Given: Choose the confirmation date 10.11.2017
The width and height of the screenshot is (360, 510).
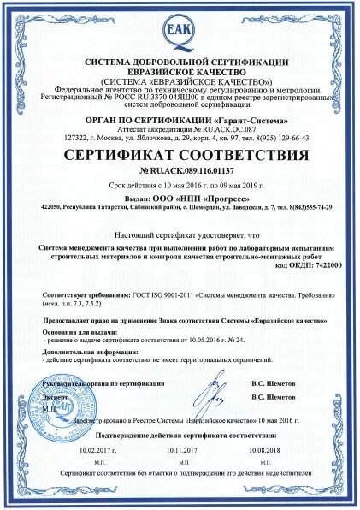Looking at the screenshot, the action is tap(180, 472).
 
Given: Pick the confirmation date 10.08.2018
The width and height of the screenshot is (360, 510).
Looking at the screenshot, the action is tap(264, 472).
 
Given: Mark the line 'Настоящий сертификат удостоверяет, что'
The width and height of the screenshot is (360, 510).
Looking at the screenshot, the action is tap(180, 235).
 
